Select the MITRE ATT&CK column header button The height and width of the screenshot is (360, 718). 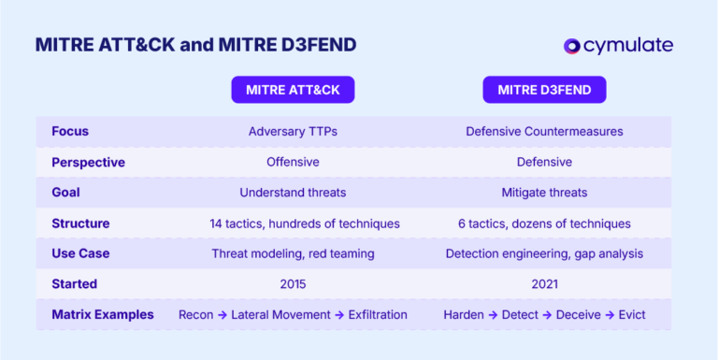[293, 90]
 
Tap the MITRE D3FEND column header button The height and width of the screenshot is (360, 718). [544, 90]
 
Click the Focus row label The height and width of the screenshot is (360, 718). [70, 132]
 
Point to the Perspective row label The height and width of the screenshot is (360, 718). [88, 162]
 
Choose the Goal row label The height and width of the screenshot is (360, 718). [65, 193]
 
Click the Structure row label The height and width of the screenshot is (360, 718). [80, 223]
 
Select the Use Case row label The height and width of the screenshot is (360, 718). [80, 253]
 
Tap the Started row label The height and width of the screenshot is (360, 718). [74, 283]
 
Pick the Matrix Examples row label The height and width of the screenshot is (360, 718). [103, 314]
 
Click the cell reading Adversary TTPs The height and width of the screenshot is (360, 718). [293, 132]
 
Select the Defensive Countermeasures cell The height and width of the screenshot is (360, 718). [544, 132]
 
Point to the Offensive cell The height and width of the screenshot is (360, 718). [293, 162]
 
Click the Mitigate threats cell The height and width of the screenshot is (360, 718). [544, 193]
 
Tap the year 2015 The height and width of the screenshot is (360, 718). [293, 283]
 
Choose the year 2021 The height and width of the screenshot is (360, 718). [544, 283]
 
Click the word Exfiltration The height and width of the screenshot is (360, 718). [378, 314]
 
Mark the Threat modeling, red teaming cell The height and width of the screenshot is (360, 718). [293, 253]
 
